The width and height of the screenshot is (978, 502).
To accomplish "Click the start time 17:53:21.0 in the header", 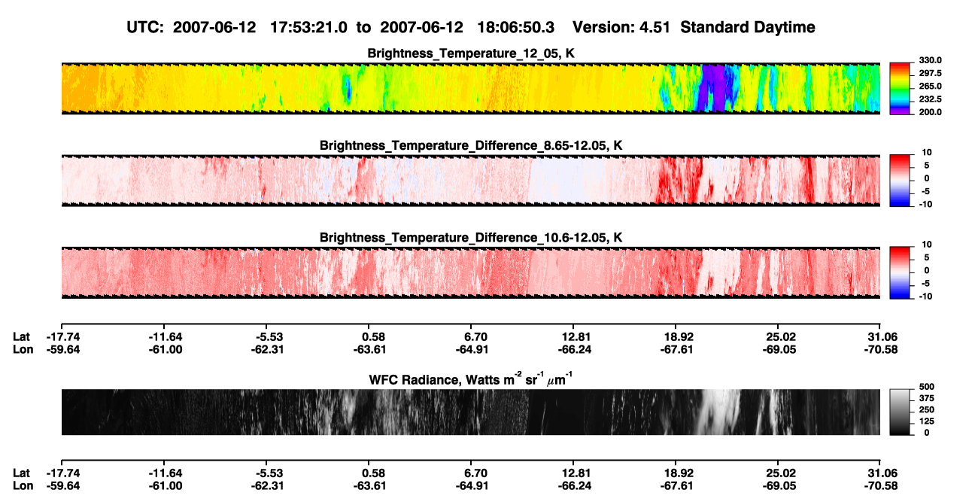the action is (x=308, y=28).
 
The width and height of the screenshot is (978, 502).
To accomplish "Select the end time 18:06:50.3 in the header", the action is (x=515, y=28).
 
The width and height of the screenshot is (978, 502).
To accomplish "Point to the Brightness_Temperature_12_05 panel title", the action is (x=471, y=53).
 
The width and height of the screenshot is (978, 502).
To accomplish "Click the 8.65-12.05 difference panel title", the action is (x=471, y=145).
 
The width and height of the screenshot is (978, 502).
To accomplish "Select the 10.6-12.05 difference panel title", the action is (x=471, y=238).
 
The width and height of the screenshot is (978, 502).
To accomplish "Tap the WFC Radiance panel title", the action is (x=471, y=379).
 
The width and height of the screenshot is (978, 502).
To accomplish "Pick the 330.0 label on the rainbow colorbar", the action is (x=930, y=60).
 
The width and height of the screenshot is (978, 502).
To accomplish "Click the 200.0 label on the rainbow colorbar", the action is (x=930, y=112).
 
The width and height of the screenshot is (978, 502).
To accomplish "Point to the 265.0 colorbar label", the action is (x=930, y=86).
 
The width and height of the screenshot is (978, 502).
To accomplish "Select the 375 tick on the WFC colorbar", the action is (x=927, y=398).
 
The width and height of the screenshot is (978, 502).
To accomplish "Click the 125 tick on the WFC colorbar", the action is (x=927, y=421).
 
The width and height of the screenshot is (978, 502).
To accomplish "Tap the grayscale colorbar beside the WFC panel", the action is (x=900, y=412).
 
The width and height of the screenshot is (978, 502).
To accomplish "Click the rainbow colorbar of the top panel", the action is (x=900, y=89).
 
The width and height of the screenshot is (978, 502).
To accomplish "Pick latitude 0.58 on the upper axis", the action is (x=373, y=337).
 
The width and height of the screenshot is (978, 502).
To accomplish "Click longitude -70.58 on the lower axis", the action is (x=881, y=486).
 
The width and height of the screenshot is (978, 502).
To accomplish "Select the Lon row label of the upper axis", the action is (x=23, y=349).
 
